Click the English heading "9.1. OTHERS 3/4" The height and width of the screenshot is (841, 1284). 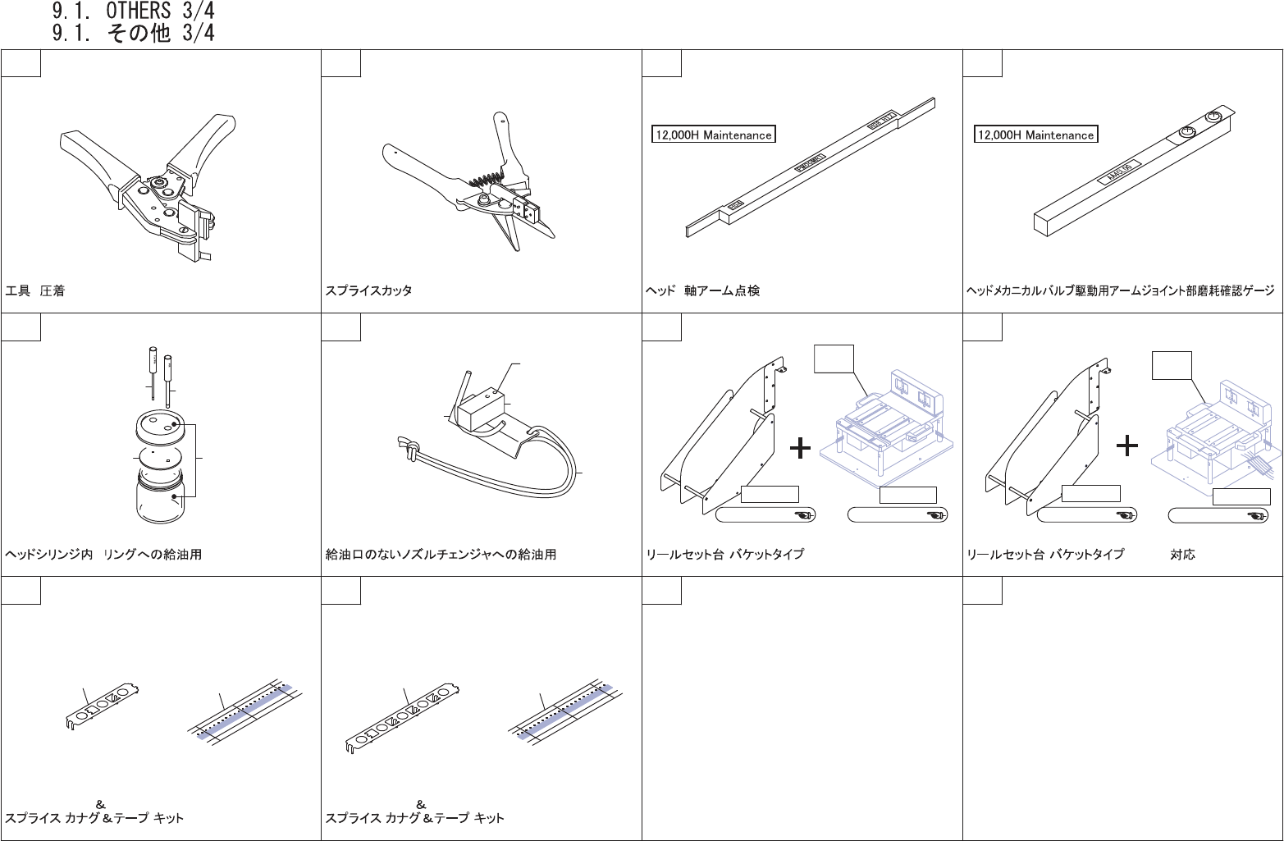coord(133,11)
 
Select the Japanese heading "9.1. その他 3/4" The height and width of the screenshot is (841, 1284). coord(133,33)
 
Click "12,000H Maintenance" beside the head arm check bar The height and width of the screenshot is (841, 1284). coord(713,135)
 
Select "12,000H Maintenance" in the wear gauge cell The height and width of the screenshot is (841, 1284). coord(1035,135)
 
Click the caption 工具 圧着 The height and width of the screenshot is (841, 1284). coord(35,291)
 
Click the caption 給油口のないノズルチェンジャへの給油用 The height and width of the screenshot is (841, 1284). coord(441,555)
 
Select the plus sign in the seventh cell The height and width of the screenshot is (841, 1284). coord(799,448)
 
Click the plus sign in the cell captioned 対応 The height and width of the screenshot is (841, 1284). coord(1127,446)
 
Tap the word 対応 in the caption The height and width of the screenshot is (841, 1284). coord(1182,555)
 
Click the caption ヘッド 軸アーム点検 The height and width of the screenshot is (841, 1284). coord(702,291)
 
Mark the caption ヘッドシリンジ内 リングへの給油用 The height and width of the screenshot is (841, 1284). coord(103,555)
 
